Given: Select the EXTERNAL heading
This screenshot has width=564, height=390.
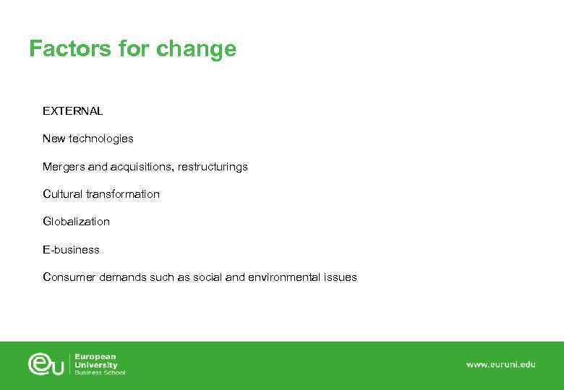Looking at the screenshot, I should pyautogui.click(x=72, y=111).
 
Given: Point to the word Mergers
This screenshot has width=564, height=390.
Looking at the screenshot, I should pyautogui.click(x=64, y=167).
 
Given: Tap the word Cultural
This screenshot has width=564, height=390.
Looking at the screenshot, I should pyautogui.click(x=62, y=194).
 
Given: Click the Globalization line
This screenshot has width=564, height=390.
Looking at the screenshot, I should pyautogui.click(x=76, y=222).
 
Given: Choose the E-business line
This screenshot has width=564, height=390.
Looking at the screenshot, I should pyautogui.click(x=71, y=250).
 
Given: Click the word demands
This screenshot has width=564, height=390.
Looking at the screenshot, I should pyautogui.click(x=123, y=277).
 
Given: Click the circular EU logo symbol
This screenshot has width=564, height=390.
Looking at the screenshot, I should pyautogui.click(x=47, y=364).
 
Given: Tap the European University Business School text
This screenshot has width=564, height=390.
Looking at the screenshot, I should pyautogui.click(x=100, y=364).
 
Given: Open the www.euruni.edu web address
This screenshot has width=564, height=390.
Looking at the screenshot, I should pyautogui.click(x=500, y=365).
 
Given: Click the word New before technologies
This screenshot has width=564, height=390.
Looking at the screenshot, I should pyautogui.click(x=54, y=139).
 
